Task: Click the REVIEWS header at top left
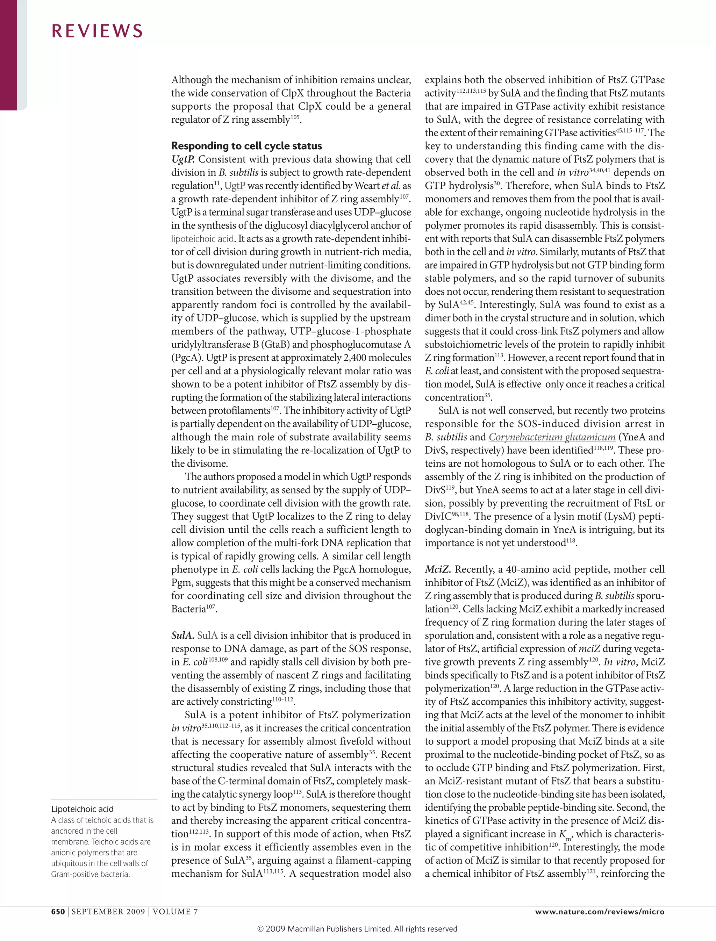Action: coord(97,31)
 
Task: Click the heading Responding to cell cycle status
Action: coord(246,146)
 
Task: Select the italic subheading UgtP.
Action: coord(183,159)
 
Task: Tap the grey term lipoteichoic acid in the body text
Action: coord(202,239)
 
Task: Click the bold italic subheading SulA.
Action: coord(182,635)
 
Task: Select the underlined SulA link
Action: coord(208,635)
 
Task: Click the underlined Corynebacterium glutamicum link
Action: coord(552,437)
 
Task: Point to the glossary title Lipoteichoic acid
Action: coord(82,809)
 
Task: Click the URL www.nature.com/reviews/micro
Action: coord(600,912)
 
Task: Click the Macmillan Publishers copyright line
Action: coord(357,929)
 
